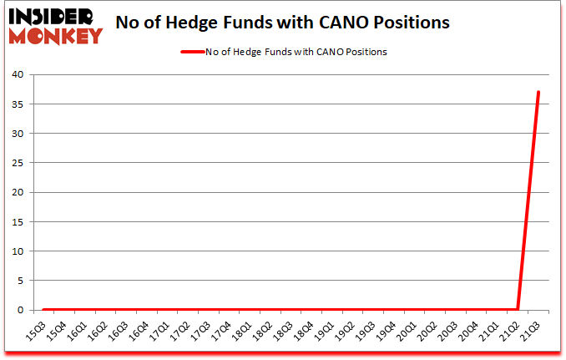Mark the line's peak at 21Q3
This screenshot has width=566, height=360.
[x=538, y=92]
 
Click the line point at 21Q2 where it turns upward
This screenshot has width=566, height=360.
[x=518, y=309]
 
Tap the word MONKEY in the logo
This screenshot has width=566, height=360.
[x=58, y=35]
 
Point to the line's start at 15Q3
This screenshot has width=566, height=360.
[x=43, y=309]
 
